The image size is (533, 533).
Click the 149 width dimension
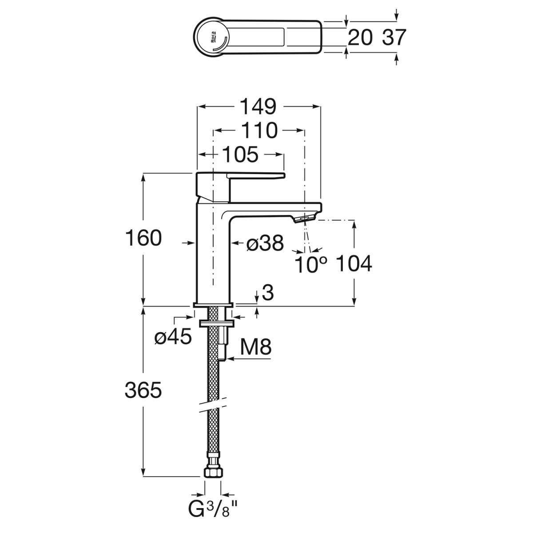[259, 107]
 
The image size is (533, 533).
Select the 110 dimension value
[259, 131]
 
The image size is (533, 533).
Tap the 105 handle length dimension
[239, 155]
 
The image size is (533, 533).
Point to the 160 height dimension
[143, 239]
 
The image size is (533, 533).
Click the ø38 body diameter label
[265, 243]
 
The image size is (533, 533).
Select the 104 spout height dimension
[354, 264]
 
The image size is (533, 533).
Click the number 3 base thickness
[267, 293]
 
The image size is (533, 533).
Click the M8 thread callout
[255, 347]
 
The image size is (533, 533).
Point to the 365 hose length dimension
[143, 390]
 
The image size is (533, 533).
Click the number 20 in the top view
[360, 38]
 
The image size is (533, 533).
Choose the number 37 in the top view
[394, 38]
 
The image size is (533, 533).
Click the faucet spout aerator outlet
[305, 218]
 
